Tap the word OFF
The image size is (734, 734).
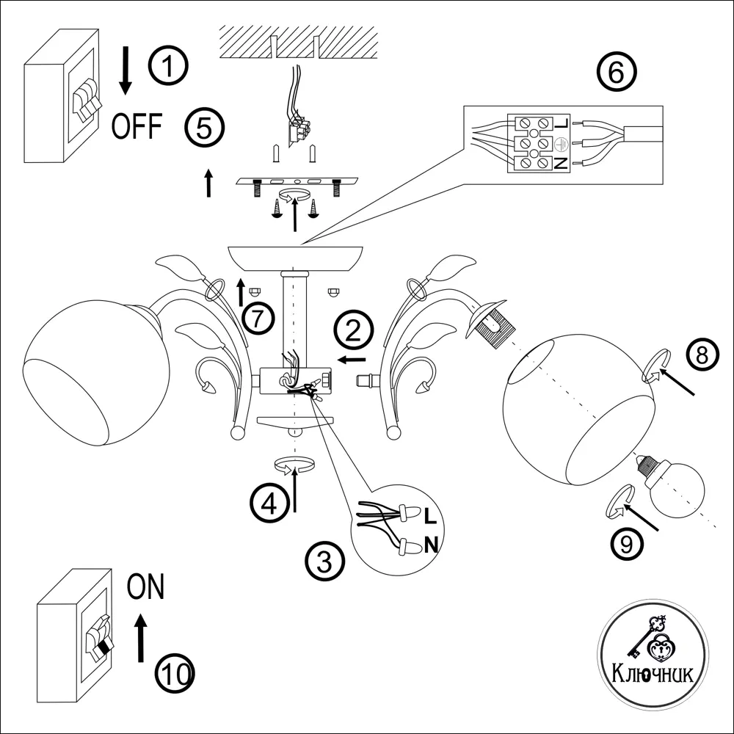(137, 127)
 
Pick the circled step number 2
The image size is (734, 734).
(353, 333)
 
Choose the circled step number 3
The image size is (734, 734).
(325, 562)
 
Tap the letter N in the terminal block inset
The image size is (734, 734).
(562, 163)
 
